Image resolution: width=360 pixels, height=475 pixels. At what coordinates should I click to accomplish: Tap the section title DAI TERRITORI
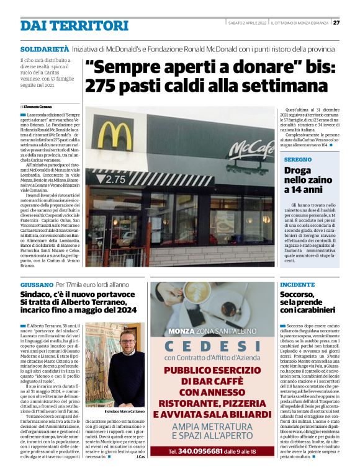[x=74, y=25]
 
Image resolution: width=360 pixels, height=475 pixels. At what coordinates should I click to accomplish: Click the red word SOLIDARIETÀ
[x=44, y=48]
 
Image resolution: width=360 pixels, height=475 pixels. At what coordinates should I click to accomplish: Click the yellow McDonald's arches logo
[x=115, y=135]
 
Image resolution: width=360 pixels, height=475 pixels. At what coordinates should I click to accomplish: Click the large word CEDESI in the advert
[x=212, y=345]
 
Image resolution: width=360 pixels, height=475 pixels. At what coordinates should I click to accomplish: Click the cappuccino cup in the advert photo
[x=192, y=296]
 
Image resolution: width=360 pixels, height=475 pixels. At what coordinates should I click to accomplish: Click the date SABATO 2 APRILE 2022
[x=248, y=23]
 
